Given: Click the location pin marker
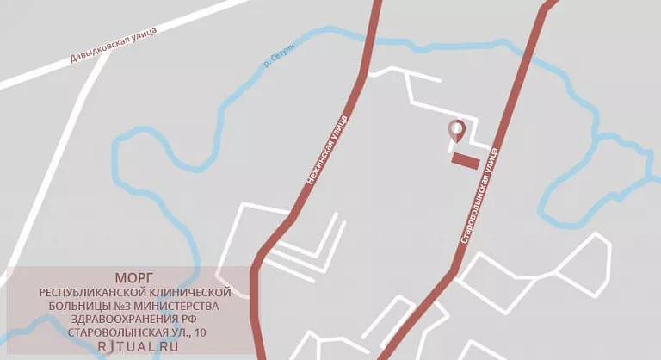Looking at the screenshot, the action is tap(457, 131).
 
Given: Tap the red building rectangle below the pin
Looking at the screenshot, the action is tap(466, 161).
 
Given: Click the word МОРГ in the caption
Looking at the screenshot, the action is tap(133, 277).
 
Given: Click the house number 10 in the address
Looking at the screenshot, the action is tap(200, 332).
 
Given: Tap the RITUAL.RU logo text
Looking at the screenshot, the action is tap(133, 346).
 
